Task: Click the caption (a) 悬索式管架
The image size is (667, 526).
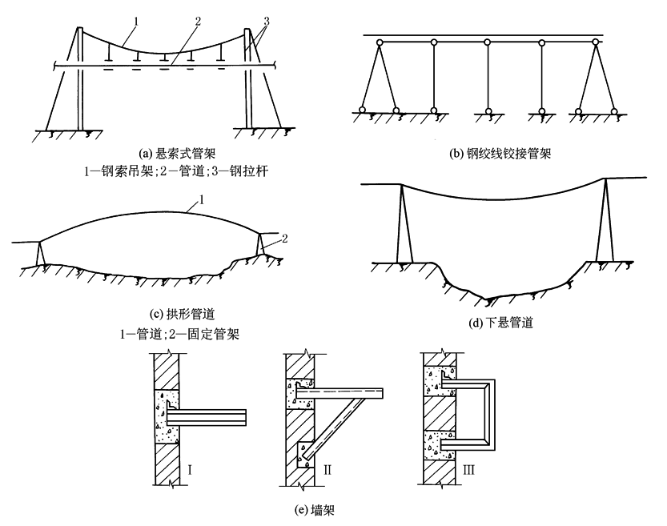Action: point(178,153)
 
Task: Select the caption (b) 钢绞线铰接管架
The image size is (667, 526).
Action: point(500,154)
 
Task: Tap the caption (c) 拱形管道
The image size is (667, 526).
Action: point(182,314)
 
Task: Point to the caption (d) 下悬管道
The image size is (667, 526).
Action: point(500,323)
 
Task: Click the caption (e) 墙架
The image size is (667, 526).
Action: point(315,509)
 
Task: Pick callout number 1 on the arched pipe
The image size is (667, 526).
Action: point(202,199)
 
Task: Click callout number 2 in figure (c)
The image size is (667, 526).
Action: point(284,239)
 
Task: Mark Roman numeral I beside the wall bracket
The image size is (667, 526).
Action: point(190,470)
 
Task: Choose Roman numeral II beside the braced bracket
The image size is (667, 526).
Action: point(327,470)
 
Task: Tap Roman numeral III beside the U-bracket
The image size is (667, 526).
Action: point(468,470)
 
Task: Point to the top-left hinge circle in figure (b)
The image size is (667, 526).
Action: point(379,42)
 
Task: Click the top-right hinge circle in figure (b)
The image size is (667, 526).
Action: point(596,42)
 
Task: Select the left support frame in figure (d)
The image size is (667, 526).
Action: point(404,223)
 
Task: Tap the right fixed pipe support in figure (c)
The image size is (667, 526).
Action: point(260,243)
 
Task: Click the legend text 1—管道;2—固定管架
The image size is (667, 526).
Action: point(179,334)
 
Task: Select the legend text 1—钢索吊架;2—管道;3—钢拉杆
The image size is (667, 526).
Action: point(176,171)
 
